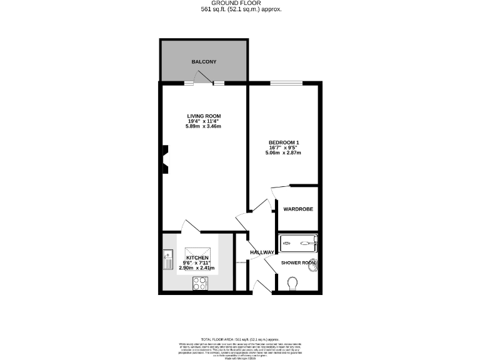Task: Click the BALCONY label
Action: (204, 62)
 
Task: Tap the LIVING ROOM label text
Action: (204, 116)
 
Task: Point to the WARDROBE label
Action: (298, 209)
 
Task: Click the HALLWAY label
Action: (262, 252)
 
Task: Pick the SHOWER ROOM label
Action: (299, 262)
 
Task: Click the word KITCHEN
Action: (197, 257)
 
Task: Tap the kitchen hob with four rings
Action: (201, 283)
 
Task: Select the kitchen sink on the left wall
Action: (167, 259)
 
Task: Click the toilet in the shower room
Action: (292, 284)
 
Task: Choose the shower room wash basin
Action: (314, 266)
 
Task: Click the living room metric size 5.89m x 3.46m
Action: (204, 127)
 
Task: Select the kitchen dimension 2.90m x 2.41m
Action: (197, 268)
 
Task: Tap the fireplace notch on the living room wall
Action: (166, 159)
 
